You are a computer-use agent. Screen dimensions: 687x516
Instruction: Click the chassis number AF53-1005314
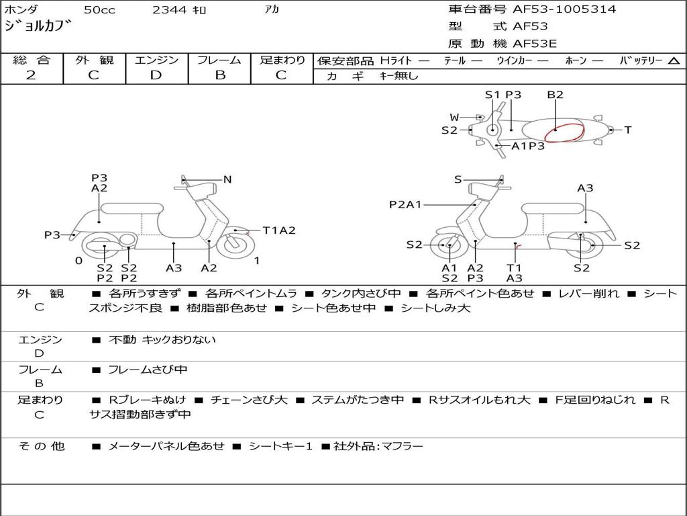(x=564, y=9)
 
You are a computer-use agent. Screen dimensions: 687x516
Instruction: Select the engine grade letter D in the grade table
(x=156, y=75)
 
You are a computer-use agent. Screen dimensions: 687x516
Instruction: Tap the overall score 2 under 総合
(x=31, y=75)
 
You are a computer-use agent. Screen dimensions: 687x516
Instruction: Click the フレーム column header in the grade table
(x=219, y=60)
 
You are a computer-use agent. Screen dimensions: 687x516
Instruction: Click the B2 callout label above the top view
(x=555, y=94)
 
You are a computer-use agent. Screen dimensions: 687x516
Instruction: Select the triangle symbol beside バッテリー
(x=674, y=60)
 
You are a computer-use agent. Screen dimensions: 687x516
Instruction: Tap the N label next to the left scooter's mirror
(x=227, y=179)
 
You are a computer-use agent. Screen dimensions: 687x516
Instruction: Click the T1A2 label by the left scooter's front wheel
(x=279, y=230)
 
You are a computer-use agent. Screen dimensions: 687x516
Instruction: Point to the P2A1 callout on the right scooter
(x=405, y=204)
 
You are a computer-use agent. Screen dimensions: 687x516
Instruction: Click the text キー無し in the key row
(x=399, y=75)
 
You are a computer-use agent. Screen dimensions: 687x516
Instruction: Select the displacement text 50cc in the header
(x=99, y=9)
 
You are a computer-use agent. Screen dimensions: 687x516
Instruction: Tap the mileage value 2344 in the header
(x=170, y=9)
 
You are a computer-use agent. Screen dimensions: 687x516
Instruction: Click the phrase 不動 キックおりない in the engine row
(x=162, y=339)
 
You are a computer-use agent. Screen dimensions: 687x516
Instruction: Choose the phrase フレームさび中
(x=148, y=370)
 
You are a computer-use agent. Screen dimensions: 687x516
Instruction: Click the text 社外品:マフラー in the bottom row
(x=378, y=446)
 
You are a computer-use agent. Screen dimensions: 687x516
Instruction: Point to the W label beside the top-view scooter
(x=454, y=117)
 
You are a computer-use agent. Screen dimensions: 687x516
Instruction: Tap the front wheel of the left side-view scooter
(x=233, y=245)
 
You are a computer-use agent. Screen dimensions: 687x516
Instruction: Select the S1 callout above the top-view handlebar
(x=492, y=94)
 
